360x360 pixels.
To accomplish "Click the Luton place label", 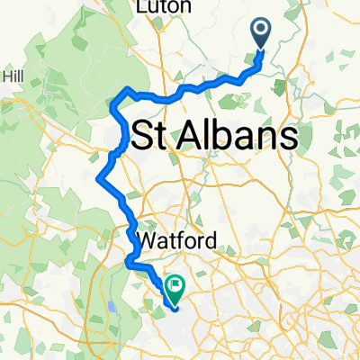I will (x=166, y=6).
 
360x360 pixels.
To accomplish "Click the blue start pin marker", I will (x=262, y=34).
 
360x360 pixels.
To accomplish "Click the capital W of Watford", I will (x=146, y=241).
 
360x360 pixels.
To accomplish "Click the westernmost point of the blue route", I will (x=96, y=179).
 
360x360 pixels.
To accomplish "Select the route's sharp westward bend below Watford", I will (x=128, y=263).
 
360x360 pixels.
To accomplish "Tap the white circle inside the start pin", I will (x=262, y=31).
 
